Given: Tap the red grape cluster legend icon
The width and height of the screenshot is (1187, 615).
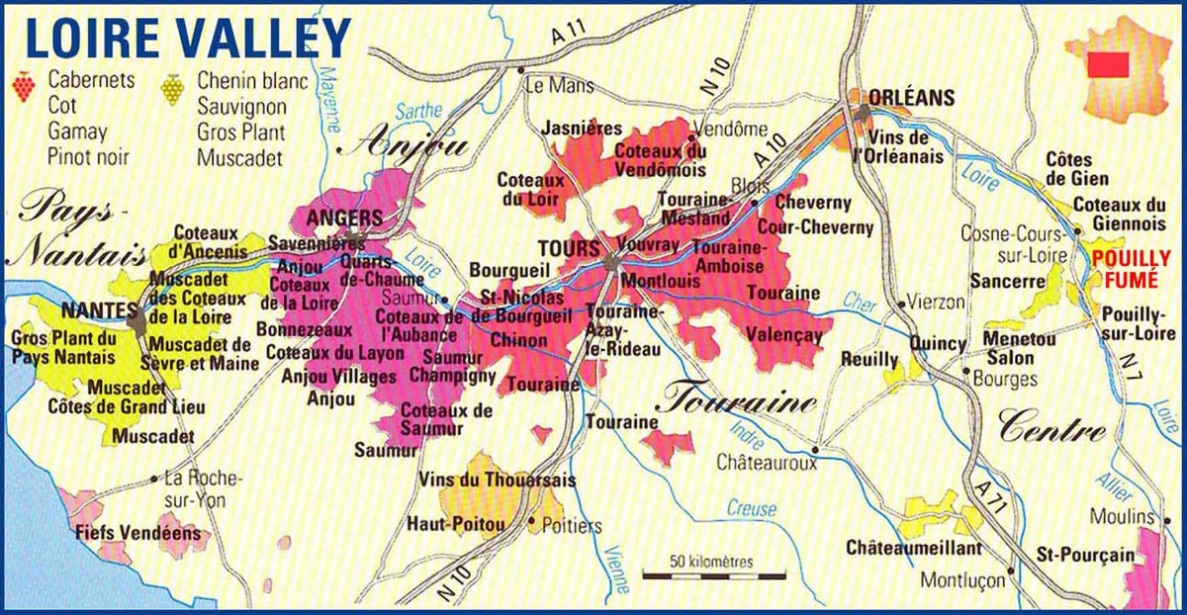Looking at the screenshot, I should click(x=23, y=87).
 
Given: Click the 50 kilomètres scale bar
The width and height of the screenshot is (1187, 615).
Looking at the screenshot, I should click(x=713, y=572).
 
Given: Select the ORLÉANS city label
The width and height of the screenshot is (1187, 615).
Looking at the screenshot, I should click(x=911, y=97).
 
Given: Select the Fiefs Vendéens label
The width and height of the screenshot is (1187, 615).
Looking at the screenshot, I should click(x=137, y=533).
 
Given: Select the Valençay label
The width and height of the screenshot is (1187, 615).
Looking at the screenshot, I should click(x=786, y=335).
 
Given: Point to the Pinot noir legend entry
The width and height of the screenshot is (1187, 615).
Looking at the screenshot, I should click(x=88, y=156).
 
